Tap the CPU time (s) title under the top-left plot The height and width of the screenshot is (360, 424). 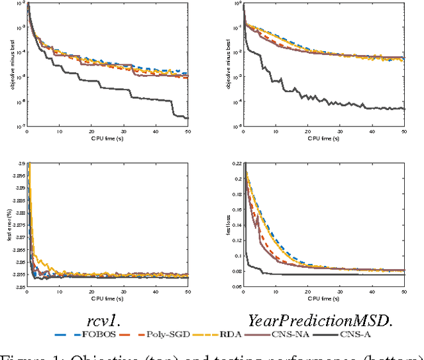click(x=107, y=139)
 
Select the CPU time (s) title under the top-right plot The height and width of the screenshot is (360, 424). click(x=324, y=139)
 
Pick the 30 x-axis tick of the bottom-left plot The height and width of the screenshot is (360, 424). click(x=123, y=294)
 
